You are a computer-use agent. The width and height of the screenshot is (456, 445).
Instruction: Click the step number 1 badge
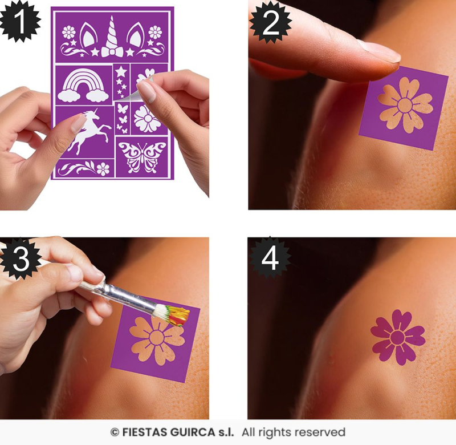click(x=20, y=21)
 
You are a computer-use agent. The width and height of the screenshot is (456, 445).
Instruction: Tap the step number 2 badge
click(x=270, y=23)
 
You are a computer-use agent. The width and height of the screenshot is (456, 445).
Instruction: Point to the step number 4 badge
click(x=270, y=258)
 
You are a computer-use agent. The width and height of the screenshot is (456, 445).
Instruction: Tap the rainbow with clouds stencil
click(x=83, y=86)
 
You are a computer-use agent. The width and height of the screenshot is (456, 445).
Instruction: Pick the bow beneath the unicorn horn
click(x=112, y=52)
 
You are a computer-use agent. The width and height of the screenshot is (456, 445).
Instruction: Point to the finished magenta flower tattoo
click(x=397, y=337)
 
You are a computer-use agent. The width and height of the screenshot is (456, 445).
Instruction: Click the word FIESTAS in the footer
click(x=145, y=432)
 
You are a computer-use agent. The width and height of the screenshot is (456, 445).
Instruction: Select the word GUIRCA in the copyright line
click(x=193, y=432)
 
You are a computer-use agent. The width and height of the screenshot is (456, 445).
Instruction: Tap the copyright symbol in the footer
click(x=115, y=432)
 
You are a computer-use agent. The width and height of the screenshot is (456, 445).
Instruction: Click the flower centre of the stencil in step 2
click(x=405, y=104)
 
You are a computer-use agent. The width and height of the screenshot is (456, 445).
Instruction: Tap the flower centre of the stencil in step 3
click(x=157, y=337)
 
